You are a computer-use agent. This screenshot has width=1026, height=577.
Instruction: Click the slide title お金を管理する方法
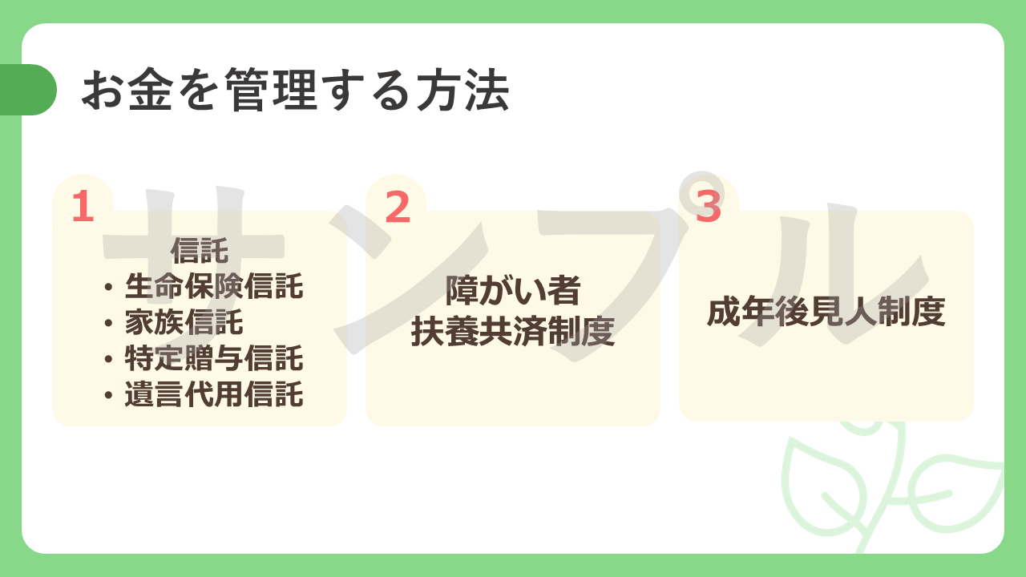pyautogui.click(x=296, y=90)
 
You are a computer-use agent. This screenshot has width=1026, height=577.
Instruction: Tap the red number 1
pyautogui.click(x=83, y=206)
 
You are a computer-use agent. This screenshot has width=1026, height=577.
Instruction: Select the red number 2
pyautogui.click(x=398, y=206)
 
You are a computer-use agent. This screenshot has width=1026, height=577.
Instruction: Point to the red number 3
pyautogui.click(x=709, y=206)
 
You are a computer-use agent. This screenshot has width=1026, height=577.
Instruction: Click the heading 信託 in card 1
pyautogui.click(x=200, y=251)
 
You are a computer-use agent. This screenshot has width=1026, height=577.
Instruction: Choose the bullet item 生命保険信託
pyautogui.click(x=214, y=286)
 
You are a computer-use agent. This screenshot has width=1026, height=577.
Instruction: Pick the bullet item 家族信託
pyautogui.click(x=184, y=322)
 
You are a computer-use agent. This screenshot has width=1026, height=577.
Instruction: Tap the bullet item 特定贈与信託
pyautogui.click(x=214, y=357)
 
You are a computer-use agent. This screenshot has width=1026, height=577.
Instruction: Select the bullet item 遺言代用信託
pyautogui.click(x=214, y=393)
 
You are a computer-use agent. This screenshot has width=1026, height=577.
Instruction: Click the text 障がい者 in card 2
pyautogui.click(x=513, y=290)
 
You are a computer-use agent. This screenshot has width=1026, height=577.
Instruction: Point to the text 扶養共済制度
pyautogui.click(x=513, y=331)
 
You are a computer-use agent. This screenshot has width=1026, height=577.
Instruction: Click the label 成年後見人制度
pyautogui.click(x=826, y=312)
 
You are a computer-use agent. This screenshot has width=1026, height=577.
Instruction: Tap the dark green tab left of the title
pyautogui.click(x=27, y=90)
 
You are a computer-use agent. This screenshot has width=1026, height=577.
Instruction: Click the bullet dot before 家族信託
pyautogui.click(x=108, y=323)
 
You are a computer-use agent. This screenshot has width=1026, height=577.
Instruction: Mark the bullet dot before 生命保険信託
pyautogui.click(x=108, y=287)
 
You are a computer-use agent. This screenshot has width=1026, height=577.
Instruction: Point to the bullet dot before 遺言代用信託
pyautogui.click(x=108, y=394)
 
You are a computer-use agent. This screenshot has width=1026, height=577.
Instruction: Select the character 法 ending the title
pyautogui.click(x=487, y=90)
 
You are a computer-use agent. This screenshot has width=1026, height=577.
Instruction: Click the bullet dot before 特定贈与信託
pyautogui.click(x=108, y=358)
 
